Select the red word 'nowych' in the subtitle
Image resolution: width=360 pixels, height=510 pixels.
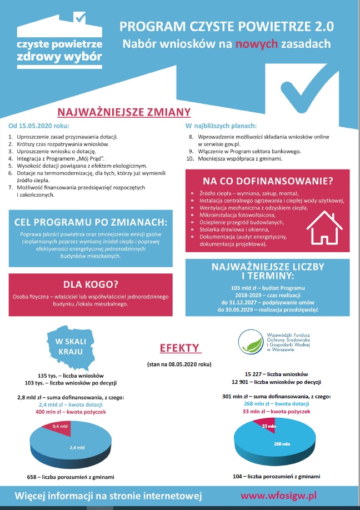click(253, 43)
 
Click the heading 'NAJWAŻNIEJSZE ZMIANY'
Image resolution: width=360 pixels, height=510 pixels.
click(124, 112)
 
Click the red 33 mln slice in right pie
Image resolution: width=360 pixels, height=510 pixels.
click(269, 427)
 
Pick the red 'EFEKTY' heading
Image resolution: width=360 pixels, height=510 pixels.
click(179, 348)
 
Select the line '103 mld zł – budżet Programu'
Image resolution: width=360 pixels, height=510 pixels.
click(268, 288)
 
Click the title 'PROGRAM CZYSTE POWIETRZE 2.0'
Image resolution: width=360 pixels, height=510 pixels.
click(226, 26)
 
